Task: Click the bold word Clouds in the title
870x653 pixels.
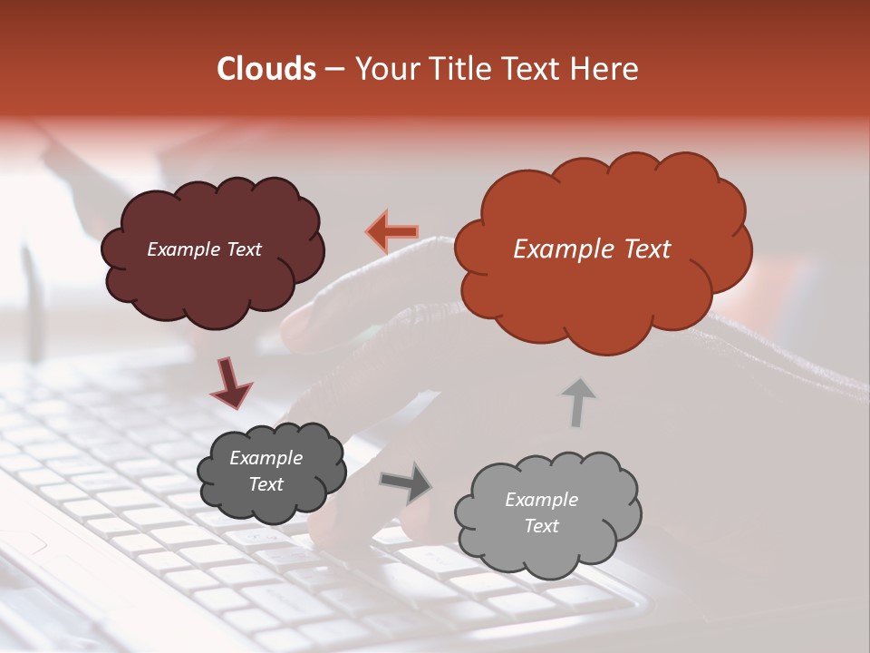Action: click(x=266, y=69)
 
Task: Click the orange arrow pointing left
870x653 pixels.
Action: click(x=391, y=232)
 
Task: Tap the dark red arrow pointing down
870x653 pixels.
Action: click(x=231, y=385)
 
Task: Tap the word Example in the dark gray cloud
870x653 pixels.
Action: click(x=266, y=459)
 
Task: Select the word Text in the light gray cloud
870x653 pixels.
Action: click(x=542, y=526)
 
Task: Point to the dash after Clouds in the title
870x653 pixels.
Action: click(x=333, y=69)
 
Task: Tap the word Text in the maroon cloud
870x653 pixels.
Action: click(x=244, y=249)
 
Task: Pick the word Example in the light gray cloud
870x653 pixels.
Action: click(x=542, y=500)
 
